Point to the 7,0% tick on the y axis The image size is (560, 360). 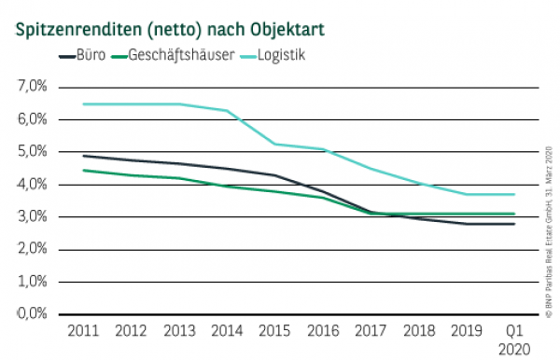click(x=33, y=87)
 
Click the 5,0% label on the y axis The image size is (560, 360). click(x=33, y=152)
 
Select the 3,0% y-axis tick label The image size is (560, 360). click(x=33, y=217)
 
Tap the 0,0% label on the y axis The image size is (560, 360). click(x=33, y=314)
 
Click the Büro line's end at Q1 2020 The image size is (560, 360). click(x=514, y=224)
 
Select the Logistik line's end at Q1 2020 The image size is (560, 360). click(x=514, y=194)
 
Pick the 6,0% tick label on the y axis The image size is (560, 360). click(x=33, y=119)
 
